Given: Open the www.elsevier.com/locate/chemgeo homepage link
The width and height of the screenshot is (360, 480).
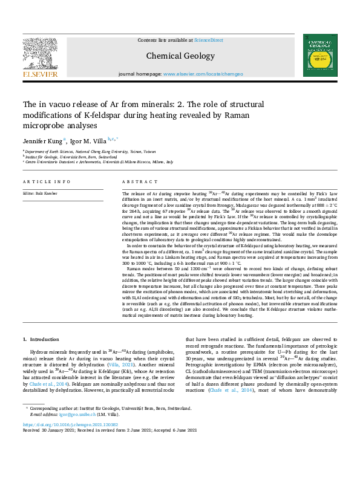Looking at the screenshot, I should pyautogui.click(x=200, y=74).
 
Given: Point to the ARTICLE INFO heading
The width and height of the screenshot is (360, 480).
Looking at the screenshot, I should pyautogui.click(x=44, y=182).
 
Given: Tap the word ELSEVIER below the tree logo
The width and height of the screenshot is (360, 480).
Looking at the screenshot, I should pyautogui.click(x=40, y=74).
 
